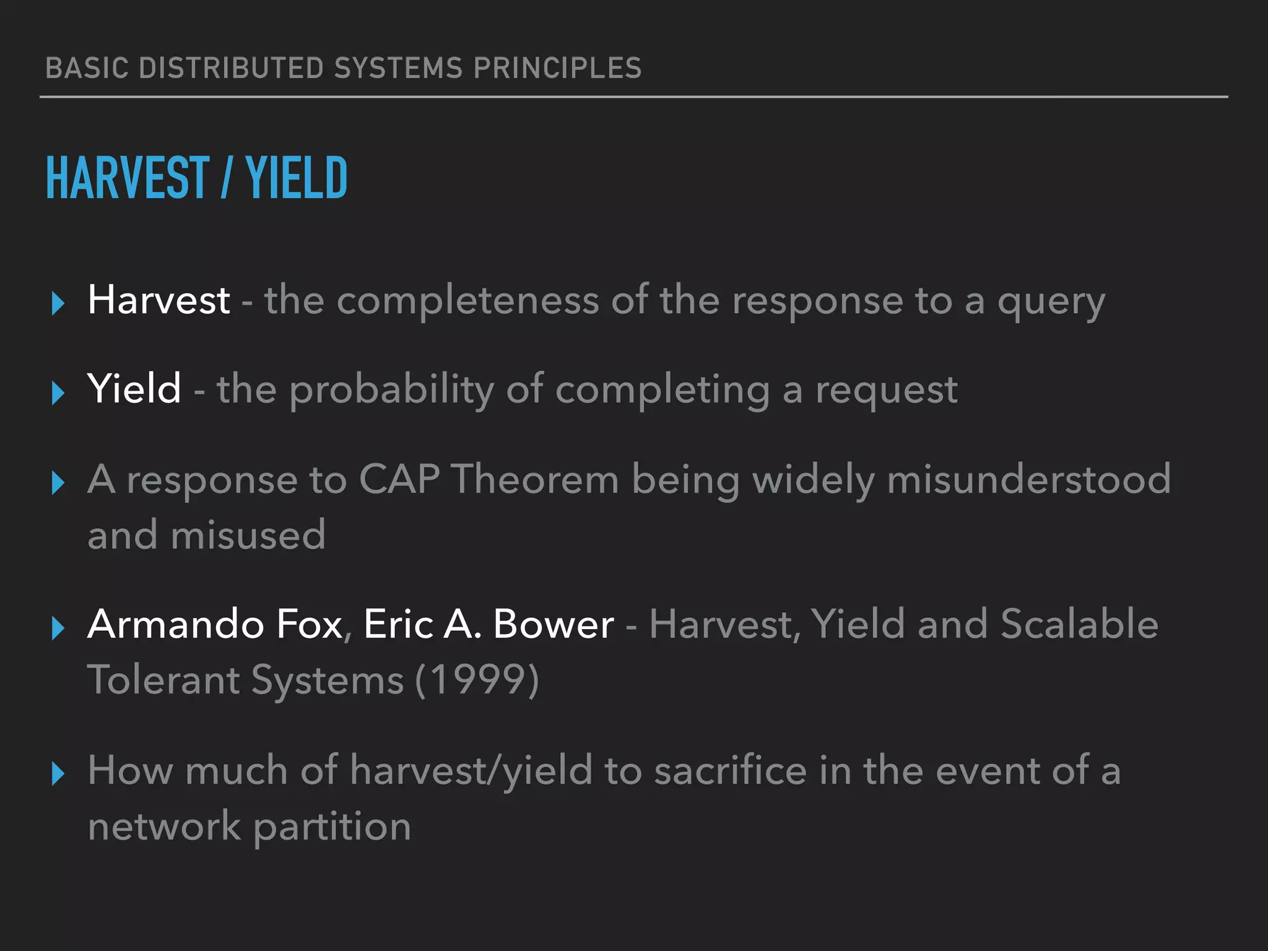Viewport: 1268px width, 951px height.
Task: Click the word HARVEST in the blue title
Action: click(128, 178)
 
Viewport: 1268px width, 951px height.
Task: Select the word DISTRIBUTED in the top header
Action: click(231, 68)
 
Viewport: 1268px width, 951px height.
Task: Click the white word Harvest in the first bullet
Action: click(159, 300)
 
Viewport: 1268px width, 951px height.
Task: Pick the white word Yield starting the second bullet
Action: click(134, 389)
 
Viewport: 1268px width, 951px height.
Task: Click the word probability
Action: click(391, 391)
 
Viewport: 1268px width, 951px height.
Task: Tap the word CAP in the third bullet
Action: click(399, 480)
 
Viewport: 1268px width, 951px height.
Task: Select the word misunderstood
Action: click(1028, 480)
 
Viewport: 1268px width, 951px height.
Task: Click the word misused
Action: click(248, 536)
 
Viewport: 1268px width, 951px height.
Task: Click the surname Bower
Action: click(554, 624)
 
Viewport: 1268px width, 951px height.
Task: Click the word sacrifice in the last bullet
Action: click(731, 771)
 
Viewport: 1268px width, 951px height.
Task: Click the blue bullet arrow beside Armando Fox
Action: click(58, 628)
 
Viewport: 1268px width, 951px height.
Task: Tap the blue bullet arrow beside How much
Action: click(58, 774)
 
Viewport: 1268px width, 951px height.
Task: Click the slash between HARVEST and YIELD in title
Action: click(226, 178)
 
